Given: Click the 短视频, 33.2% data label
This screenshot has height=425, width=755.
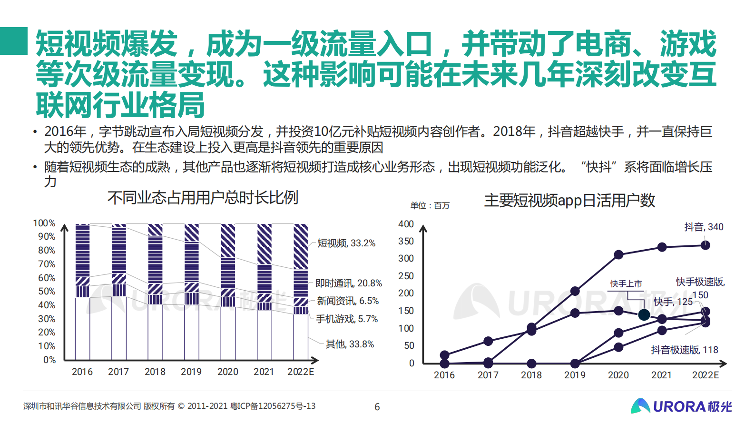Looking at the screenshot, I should pos(346,243).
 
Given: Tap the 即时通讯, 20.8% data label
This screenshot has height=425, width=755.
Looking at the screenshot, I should pos(349,283).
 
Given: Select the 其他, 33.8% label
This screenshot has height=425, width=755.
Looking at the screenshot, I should pos(350,344).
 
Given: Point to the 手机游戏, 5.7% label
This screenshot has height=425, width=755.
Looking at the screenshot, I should pos(347,319).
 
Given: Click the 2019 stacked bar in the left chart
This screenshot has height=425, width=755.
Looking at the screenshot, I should pos(191,292).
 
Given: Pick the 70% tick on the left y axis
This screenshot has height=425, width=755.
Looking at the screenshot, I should pos(47,264).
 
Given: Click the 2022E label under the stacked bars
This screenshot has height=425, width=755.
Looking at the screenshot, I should pos(301,372).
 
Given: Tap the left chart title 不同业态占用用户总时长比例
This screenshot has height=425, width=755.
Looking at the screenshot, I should pos(203,197).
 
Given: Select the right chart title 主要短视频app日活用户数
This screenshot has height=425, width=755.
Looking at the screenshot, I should pos(569,201).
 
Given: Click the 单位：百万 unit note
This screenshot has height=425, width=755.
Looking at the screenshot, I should pos(430,206).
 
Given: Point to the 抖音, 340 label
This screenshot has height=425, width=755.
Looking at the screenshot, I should pos(704,227).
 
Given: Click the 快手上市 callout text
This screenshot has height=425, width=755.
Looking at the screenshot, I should pos(626,284).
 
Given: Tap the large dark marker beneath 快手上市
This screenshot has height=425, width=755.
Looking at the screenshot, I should pos(644,315).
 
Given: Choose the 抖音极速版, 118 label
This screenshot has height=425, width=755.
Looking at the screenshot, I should pos(684,350).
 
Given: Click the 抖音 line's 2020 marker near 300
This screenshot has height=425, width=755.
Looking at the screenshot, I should pos(618,254).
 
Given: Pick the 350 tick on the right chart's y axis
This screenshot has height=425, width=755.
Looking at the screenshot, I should pos(406,241).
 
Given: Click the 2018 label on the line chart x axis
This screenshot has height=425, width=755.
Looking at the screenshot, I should pos(531,375).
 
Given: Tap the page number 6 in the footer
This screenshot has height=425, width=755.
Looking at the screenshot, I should pos(377,407).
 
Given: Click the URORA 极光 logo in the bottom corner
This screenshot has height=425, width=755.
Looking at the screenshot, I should pos(681,406).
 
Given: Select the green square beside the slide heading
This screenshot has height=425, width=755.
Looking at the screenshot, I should pos(14,41).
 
